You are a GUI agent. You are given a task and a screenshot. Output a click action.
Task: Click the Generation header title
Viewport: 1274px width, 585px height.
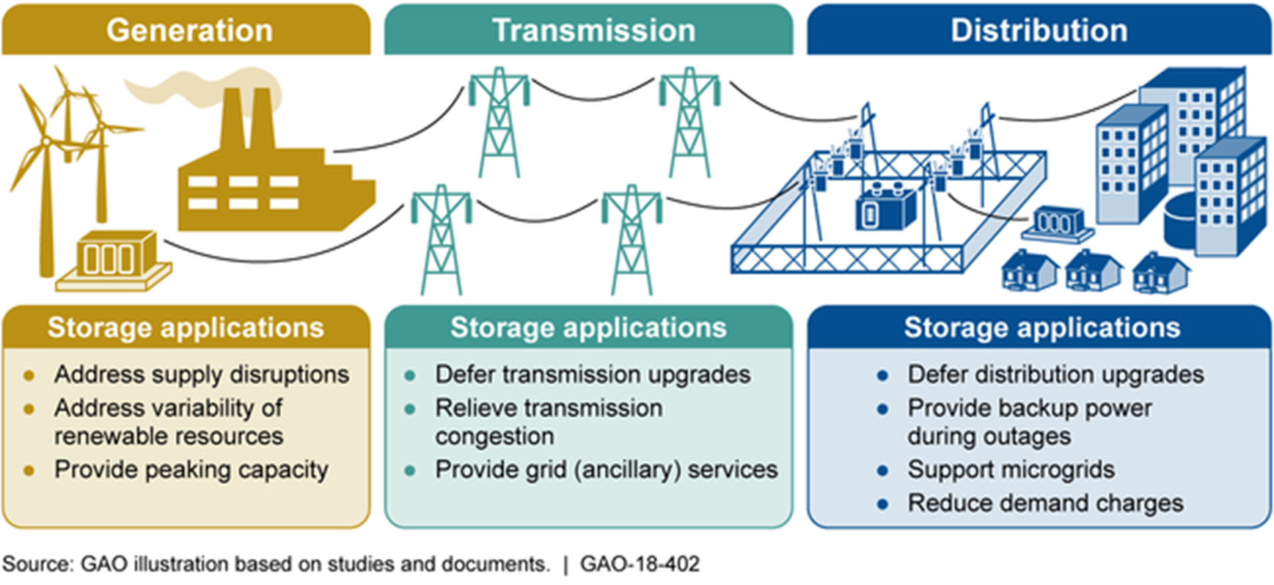click(x=189, y=31)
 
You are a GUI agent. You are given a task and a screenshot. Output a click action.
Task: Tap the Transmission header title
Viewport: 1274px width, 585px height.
click(x=593, y=31)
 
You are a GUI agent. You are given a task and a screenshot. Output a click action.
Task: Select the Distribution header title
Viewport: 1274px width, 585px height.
click(x=1039, y=31)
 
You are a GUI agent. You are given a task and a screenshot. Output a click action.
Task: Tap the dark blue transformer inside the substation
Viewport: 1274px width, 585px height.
click(x=885, y=208)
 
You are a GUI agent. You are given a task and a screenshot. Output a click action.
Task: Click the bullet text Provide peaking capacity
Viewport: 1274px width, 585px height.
click(x=191, y=470)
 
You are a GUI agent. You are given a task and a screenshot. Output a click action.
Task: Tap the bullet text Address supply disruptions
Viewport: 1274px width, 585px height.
click(x=201, y=375)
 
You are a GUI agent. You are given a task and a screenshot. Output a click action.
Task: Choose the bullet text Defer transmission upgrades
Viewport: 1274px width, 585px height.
click(x=593, y=375)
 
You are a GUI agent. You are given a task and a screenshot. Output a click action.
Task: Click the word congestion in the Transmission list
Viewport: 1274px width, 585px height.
click(x=494, y=437)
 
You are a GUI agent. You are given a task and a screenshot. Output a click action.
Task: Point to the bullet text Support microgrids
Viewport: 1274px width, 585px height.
click(x=1011, y=470)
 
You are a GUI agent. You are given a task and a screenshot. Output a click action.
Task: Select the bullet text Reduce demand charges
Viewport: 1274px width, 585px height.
click(x=1045, y=504)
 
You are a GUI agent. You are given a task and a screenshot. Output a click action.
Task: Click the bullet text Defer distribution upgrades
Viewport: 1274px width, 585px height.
click(x=1055, y=375)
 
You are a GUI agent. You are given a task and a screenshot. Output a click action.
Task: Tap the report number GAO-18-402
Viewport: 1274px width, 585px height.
click(x=640, y=564)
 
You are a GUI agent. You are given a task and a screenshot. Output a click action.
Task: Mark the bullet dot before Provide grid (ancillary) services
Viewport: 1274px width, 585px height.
click(x=410, y=471)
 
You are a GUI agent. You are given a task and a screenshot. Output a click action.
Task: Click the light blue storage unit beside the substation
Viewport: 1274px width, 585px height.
click(x=1056, y=224)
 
